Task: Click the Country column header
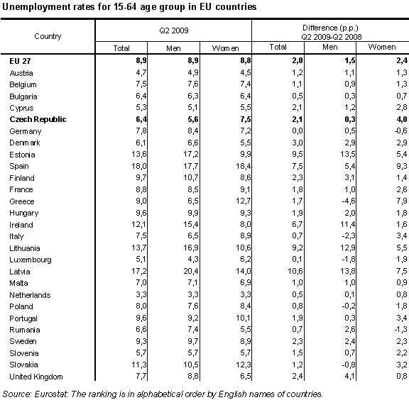pos(48,36)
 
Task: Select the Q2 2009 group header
pos(173,31)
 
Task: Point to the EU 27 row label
pos(21,62)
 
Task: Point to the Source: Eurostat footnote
pos(163,392)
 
